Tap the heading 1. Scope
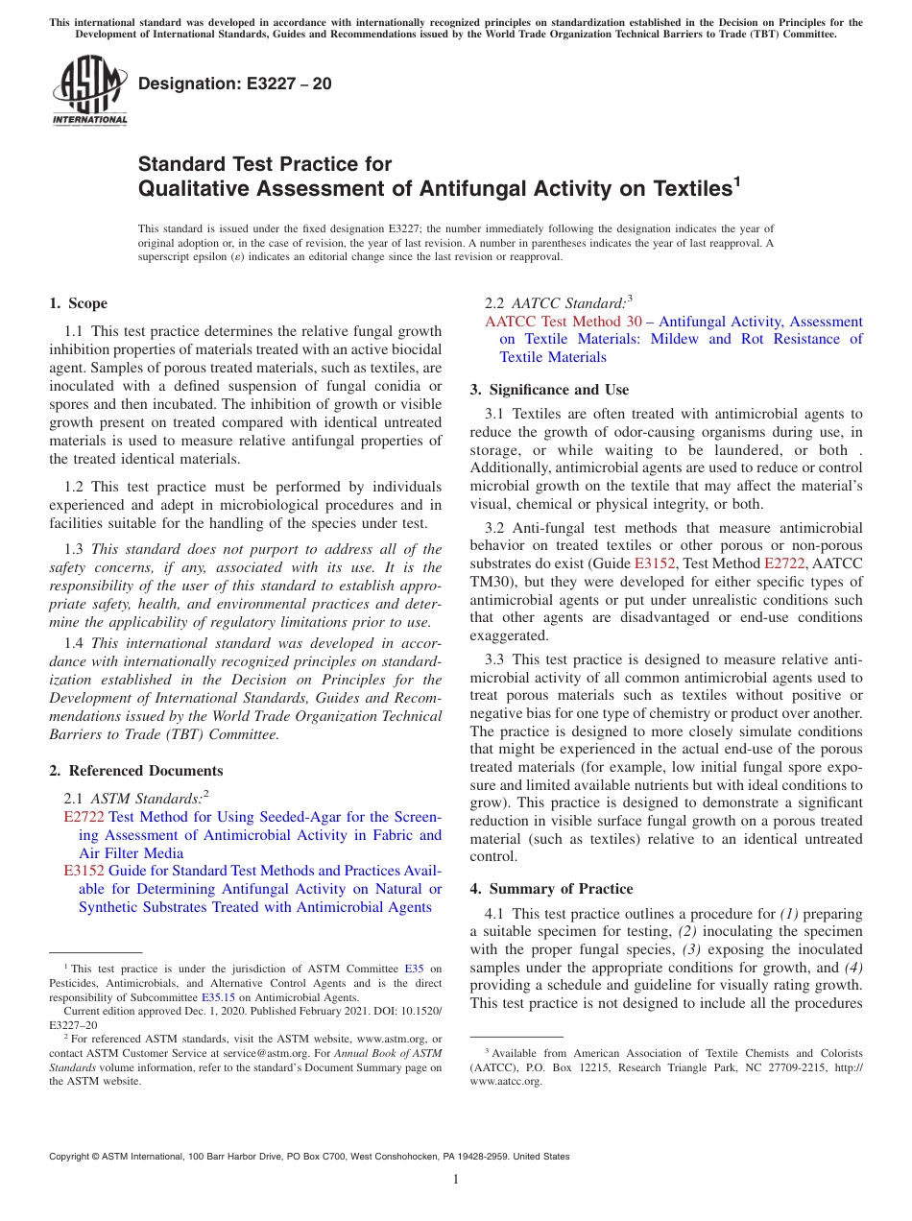(78, 303)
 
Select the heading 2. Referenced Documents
(135, 771)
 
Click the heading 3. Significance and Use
(549, 390)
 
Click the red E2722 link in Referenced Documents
(84, 817)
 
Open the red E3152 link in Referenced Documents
(84, 871)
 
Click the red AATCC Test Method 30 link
(563, 322)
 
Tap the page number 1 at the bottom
(456, 1180)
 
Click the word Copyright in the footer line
(71, 1157)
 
